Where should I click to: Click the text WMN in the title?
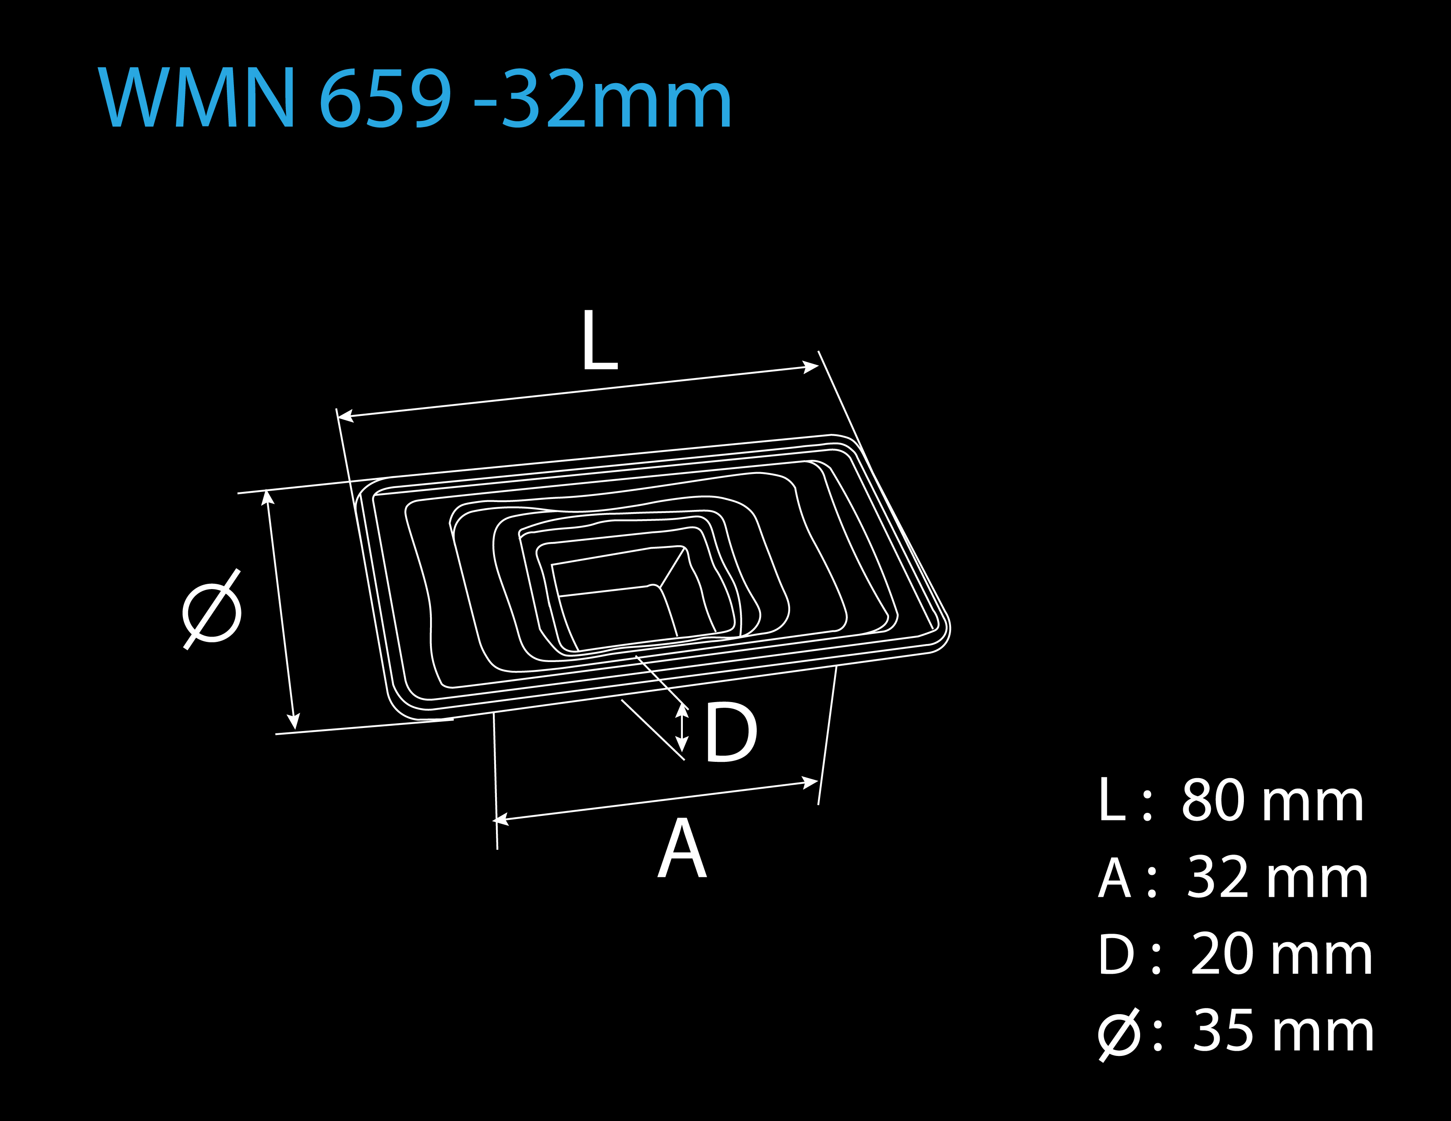point(197,97)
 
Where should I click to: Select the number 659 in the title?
point(385,98)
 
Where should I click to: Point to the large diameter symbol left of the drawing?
point(212,609)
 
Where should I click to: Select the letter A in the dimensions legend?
point(1114,877)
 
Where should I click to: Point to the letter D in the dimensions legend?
point(1116,954)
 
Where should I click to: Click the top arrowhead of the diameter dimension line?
point(267,497)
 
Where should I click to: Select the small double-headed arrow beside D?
point(682,727)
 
